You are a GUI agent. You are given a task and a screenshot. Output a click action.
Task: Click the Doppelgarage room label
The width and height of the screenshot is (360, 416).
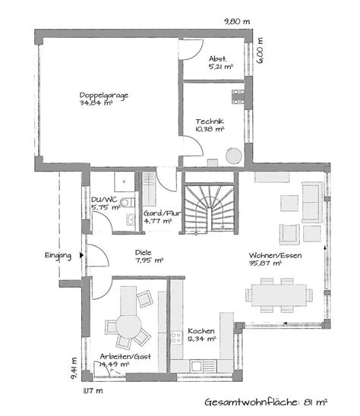coord(103,96)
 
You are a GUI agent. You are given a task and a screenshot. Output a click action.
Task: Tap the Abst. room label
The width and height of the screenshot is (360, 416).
coord(219,58)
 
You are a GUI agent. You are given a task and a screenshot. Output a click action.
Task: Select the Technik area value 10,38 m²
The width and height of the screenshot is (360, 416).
coord(209,129)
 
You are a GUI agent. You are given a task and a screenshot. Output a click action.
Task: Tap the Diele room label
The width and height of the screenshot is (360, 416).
coord(144,254)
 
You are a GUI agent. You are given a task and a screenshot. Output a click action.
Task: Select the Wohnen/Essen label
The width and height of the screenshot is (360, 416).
coord(276,257)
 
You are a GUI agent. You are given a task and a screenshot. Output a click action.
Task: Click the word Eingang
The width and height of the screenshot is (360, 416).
coord(58,255)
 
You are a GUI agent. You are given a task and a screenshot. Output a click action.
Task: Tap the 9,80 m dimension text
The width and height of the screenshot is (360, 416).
coord(237,22)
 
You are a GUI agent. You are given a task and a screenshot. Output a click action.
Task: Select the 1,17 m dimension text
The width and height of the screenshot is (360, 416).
coord(93,389)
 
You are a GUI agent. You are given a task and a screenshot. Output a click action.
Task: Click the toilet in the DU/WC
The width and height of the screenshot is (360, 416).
coord(127,203)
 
